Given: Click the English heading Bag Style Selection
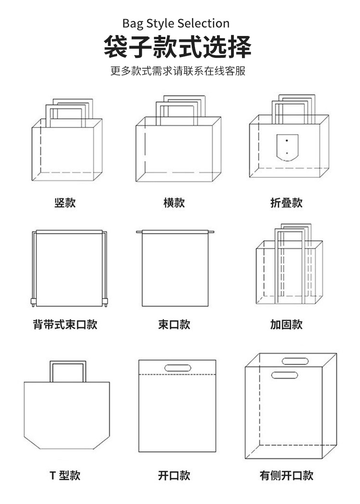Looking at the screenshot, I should click(x=175, y=23).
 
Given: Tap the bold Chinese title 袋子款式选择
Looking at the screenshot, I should click(x=177, y=47).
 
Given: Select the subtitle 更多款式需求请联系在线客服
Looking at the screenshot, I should click(x=178, y=72).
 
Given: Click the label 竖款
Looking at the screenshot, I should click(x=65, y=203).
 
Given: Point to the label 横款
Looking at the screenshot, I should click(x=174, y=203).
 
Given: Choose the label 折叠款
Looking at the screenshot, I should click(x=286, y=203).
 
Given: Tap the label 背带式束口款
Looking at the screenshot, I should click(x=65, y=325).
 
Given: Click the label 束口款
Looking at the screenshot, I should click(x=174, y=325).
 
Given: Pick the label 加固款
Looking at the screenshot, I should click(x=286, y=325).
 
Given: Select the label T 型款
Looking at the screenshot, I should click(x=65, y=476).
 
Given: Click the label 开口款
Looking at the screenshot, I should click(x=174, y=476).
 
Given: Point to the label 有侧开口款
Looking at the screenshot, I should click(x=286, y=476).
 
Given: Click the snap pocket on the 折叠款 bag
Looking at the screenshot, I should click(x=287, y=147).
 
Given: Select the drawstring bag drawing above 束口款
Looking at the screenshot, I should click(x=175, y=270).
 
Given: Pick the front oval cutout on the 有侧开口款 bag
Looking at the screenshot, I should click(x=285, y=375).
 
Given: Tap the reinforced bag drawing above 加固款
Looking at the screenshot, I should click(x=289, y=271).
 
